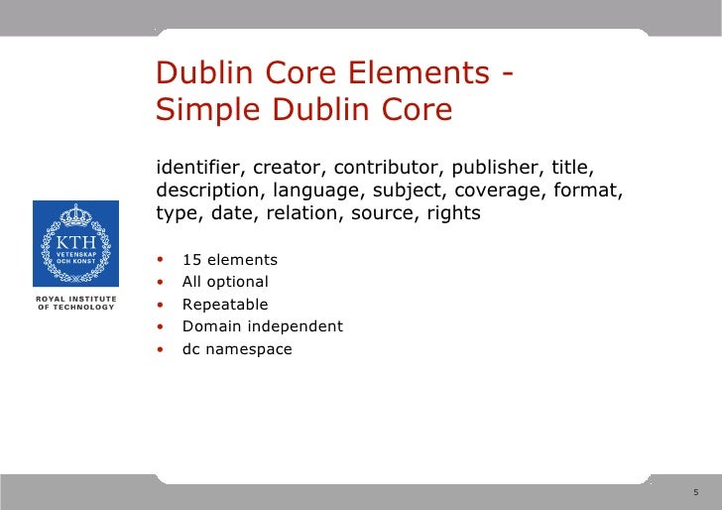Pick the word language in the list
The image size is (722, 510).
click(316, 190)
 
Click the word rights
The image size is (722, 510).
click(451, 212)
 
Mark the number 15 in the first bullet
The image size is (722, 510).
click(190, 260)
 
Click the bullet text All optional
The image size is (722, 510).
click(225, 282)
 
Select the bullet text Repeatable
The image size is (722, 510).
click(225, 305)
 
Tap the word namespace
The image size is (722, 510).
click(249, 349)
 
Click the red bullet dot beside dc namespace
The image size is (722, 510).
click(161, 349)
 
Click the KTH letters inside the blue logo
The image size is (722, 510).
click(75, 242)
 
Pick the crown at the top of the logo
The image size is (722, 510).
click(75, 215)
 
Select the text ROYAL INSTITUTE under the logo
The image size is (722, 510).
click(75, 299)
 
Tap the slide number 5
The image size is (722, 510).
click(695, 491)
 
